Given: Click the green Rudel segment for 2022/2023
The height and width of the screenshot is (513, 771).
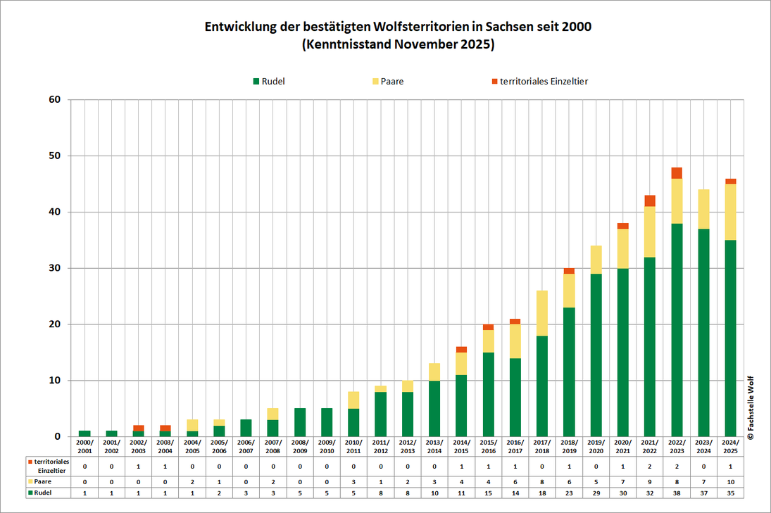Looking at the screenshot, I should point(676,331).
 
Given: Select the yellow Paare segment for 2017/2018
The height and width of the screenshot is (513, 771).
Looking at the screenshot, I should point(542,313).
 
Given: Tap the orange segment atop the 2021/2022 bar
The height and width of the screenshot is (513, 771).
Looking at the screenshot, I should point(649,201).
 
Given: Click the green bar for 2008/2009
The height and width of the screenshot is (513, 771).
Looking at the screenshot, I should point(300,422).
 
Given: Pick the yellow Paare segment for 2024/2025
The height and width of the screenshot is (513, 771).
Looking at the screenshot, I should point(730,212).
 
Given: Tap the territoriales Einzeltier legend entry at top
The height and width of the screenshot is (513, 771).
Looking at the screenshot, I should point(539,82).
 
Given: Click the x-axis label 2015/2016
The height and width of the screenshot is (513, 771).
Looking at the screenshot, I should point(488,445).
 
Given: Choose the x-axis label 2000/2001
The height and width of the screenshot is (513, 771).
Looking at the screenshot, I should point(84,445).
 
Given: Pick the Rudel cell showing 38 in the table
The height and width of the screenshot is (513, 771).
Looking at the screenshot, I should point(676,493).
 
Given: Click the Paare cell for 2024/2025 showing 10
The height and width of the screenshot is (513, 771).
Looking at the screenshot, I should point(730,481).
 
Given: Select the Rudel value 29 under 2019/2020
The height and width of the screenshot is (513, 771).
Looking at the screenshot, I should point(596,493).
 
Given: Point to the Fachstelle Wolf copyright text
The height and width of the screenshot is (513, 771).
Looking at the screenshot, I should point(751,407).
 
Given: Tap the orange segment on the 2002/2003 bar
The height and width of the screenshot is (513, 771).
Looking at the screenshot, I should point(139,428).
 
